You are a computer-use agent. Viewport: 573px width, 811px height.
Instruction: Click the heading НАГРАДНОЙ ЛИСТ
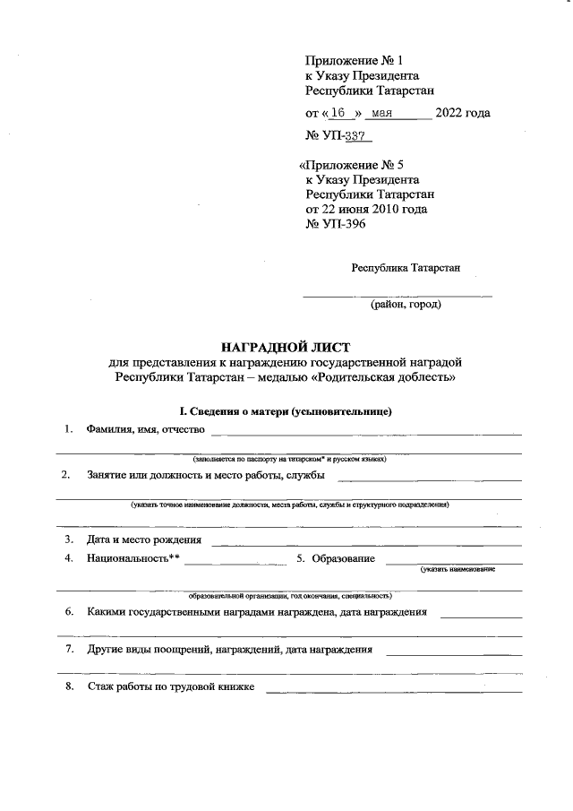point(286,346)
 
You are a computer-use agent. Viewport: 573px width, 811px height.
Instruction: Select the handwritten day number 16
point(337,113)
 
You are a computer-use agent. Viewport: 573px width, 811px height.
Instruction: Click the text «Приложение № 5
point(351,165)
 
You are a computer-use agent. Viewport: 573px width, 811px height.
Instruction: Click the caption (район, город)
point(405,305)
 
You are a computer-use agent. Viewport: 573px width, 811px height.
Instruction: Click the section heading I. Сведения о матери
point(286,410)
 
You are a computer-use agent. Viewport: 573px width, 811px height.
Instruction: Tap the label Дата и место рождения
point(143,539)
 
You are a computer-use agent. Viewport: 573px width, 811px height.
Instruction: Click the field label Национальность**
point(133,558)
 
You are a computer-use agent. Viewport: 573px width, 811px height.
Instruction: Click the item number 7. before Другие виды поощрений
point(68,648)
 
